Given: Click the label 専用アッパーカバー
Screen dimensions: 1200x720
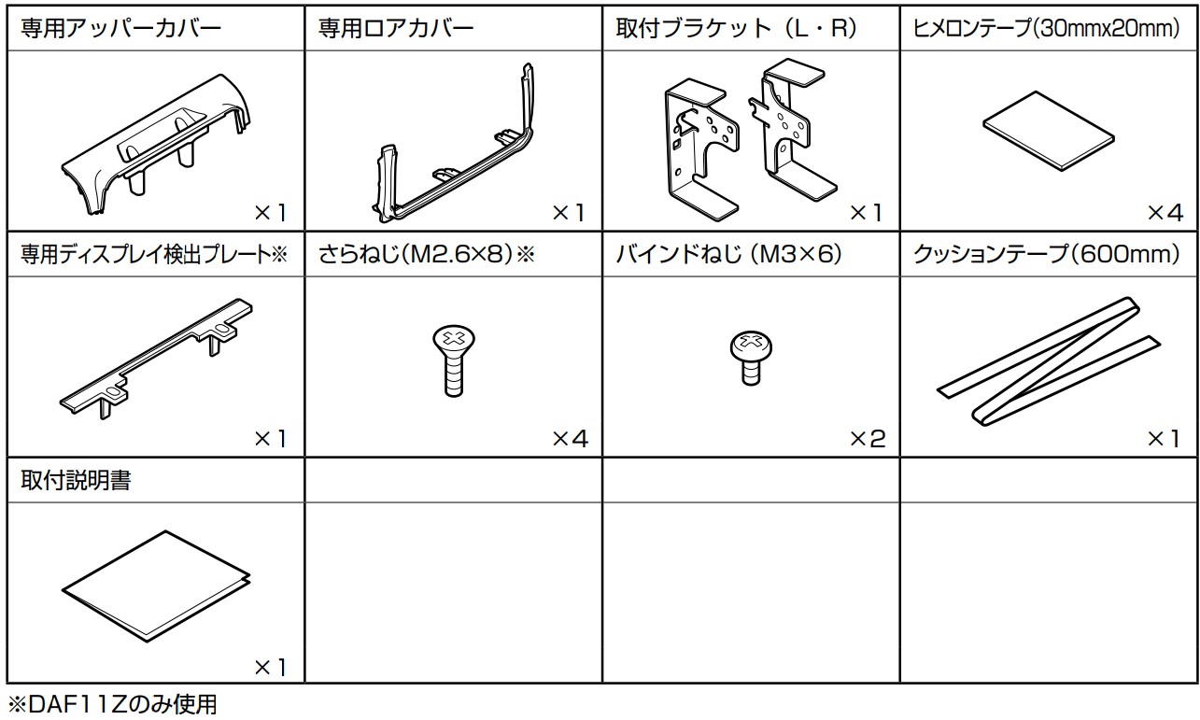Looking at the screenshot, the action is point(120,28).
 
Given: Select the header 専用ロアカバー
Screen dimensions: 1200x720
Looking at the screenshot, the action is point(396,28).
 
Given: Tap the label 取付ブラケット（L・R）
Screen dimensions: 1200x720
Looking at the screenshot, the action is point(736,28).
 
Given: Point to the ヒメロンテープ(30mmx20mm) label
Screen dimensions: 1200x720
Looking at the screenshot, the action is point(1046,28).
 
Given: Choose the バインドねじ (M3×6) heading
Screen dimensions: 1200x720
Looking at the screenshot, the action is point(728,254).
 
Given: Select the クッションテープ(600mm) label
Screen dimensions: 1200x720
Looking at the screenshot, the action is point(1046,254).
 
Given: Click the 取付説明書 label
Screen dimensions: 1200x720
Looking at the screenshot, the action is point(76,481).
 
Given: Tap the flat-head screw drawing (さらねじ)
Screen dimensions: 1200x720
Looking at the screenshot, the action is point(453,360).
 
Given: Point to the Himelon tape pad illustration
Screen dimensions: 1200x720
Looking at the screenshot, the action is point(1049,132).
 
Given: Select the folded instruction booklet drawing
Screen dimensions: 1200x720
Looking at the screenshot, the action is point(156,586).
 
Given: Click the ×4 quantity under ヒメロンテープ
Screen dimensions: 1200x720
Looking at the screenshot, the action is point(1165,213).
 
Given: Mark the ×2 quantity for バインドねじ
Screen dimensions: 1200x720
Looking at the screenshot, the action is point(868,439).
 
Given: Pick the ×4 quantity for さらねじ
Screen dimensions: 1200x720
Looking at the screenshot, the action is point(571,439).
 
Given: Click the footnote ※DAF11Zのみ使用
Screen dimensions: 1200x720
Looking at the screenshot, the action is point(112,704).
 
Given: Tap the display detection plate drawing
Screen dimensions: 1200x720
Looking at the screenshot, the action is point(156,359).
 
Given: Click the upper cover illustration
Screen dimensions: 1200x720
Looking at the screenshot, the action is point(156,145).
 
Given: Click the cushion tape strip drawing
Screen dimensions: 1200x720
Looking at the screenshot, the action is point(1049,361).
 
